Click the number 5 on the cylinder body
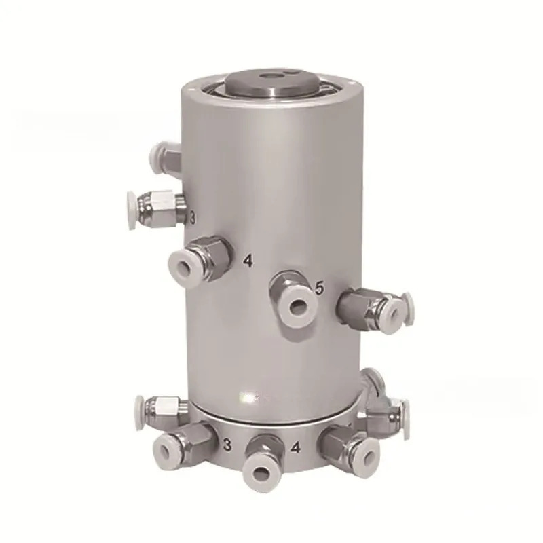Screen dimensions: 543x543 click(x=320, y=287)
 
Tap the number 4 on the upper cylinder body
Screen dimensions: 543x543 click(x=248, y=261)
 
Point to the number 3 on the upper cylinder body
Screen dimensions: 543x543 click(x=193, y=218)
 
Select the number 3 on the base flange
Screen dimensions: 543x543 click(x=227, y=445)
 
